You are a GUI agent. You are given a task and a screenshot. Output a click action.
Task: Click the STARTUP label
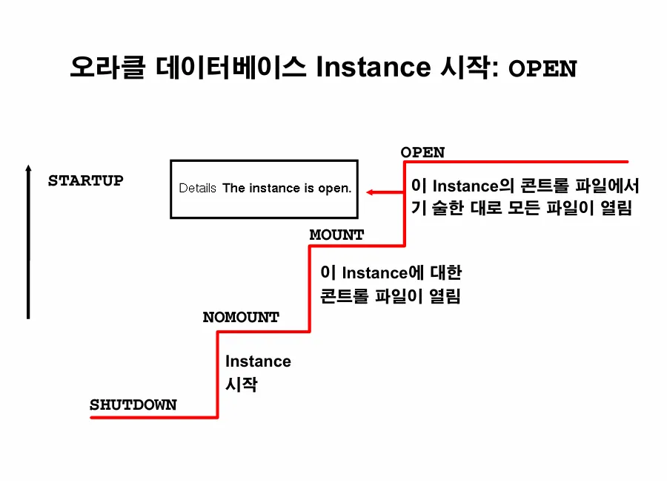click(85, 180)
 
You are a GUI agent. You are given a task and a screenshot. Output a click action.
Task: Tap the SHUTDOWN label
click(133, 405)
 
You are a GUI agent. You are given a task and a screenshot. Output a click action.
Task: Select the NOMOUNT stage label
click(241, 317)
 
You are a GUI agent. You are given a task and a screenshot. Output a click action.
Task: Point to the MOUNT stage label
click(336, 235)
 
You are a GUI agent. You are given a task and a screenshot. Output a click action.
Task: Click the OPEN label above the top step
click(422, 152)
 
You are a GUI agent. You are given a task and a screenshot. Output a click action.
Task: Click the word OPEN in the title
click(542, 69)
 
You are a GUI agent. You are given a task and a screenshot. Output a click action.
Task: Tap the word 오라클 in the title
click(108, 68)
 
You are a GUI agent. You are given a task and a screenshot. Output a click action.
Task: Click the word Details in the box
click(197, 189)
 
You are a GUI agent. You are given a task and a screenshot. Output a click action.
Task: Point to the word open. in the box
click(334, 189)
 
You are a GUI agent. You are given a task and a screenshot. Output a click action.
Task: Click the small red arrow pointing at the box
click(382, 193)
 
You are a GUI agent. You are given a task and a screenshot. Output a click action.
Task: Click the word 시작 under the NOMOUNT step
click(241, 385)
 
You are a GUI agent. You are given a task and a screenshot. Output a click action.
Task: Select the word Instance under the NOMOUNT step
click(258, 361)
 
